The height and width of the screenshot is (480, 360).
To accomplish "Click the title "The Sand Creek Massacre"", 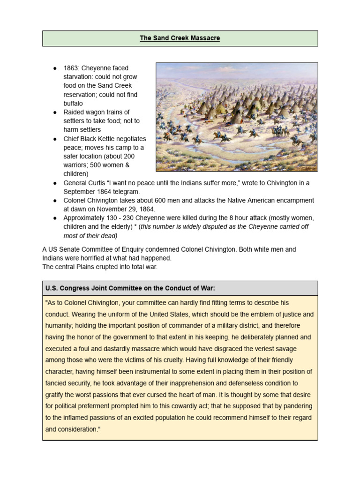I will pyautogui.click(x=180, y=38).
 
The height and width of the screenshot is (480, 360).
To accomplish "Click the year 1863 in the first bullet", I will pyautogui.click(x=71, y=68).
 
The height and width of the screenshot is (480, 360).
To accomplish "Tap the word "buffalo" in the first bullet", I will pyautogui.click(x=73, y=103).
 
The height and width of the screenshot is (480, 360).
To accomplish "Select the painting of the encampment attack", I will pyautogui.click(x=237, y=117).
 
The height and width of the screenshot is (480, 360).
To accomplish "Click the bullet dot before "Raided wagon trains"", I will pyautogui.click(x=55, y=112).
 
